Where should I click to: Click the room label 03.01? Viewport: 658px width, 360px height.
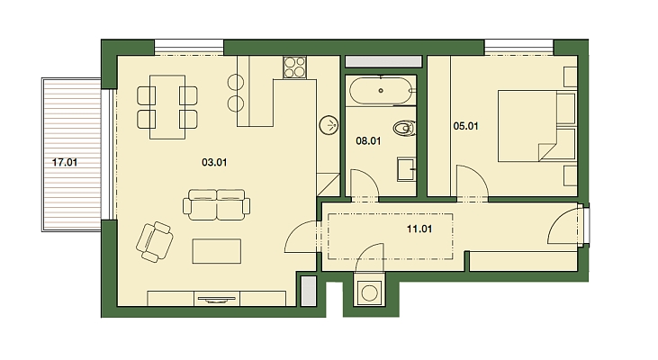pyautogui.click(x=212, y=163)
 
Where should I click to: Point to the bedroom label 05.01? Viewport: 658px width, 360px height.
pyautogui.click(x=465, y=127)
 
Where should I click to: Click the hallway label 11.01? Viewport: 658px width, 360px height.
pyautogui.click(x=420, y=229)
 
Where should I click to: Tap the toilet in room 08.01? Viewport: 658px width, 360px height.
pyautogui.click(x=405, y=129)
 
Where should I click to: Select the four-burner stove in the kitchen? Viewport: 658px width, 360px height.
pyautogui.click(x=295, y=67)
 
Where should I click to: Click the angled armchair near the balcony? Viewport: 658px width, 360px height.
pyautogui.click(x=155, y=240)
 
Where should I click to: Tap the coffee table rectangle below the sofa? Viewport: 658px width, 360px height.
pyautogui.click(x=217, y=249)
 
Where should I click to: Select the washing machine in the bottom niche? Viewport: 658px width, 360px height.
pyautogui.click(x=369, y=292)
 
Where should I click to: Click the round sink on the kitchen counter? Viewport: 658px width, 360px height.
pyautogui.click(x=329, y=124)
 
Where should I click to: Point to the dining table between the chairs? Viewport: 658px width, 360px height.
pyautogui.click(x=167, y=107)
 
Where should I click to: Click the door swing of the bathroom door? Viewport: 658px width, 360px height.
pyautogui.click(x=363, y=185)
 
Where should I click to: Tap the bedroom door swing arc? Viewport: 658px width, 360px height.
pyautogui.click(x=472, y=180)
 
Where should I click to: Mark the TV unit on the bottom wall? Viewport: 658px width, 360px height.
pyautogui.click(x=217, y=299)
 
